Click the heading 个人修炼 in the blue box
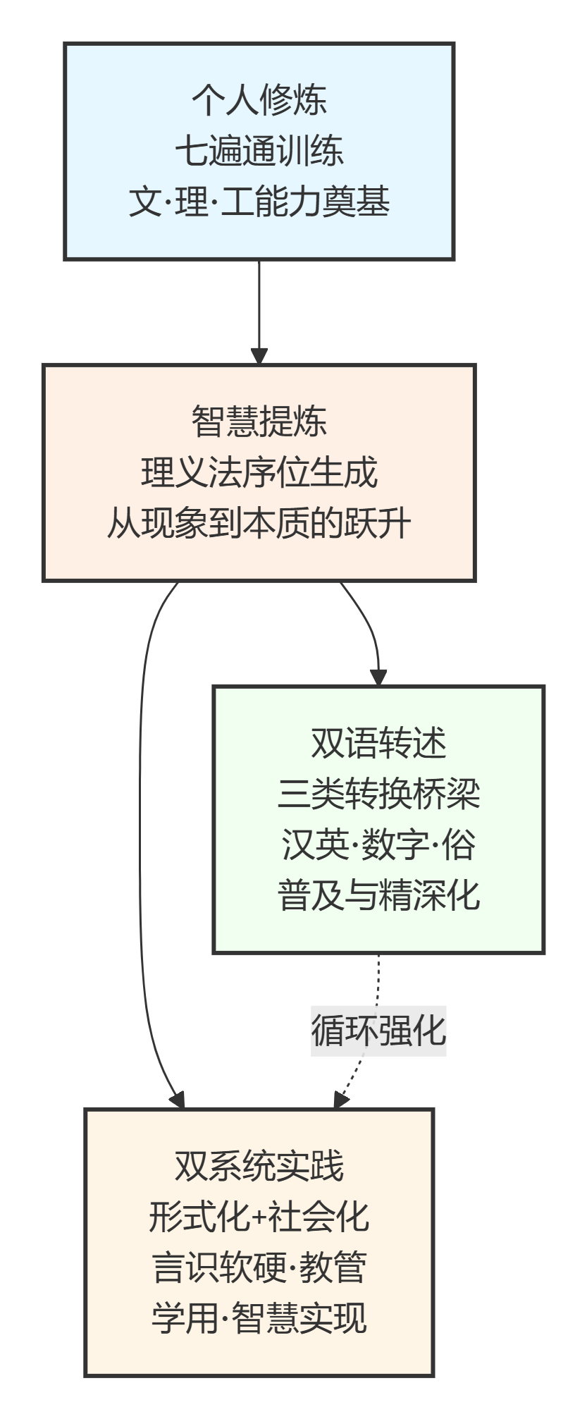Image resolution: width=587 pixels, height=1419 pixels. pos(259,99)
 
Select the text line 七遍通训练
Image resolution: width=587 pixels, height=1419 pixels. pos(259,151)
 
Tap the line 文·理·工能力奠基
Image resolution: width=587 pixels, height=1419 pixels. pos(259,202)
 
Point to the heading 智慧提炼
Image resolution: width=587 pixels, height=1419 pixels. pos(259,421)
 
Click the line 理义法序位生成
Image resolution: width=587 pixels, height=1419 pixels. pos(259,472)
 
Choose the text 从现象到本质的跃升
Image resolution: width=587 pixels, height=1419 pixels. pos(259,524)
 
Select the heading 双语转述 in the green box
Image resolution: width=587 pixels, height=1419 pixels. pos(378,742)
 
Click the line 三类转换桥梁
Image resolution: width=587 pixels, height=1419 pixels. pos(378,794)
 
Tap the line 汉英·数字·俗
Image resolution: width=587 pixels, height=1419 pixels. pos(378,844)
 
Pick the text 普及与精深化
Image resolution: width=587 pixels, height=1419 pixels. pos(378,895)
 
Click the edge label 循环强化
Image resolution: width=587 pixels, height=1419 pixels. pos(378,1031)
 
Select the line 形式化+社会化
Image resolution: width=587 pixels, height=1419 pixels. pos(259,1217)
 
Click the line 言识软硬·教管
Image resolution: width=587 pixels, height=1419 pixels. pos(259,1267)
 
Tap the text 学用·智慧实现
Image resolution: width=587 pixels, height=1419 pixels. pos(259,1318)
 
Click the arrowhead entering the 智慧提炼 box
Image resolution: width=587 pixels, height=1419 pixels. pos(259,356)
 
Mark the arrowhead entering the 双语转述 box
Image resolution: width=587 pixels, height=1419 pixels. pos(379,677)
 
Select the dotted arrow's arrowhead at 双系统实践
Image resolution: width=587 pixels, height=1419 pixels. pos(340,1100)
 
